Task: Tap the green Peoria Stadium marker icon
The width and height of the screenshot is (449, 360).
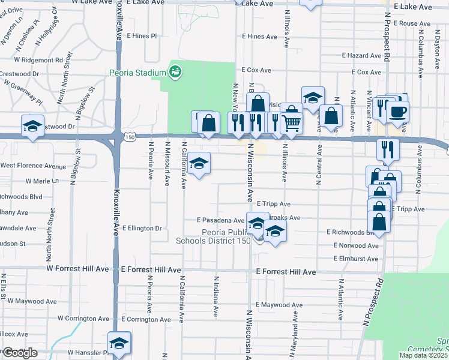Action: [175, 73]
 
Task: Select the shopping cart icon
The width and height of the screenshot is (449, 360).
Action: [291, 122]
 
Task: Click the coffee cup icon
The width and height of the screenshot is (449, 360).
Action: [399, 110]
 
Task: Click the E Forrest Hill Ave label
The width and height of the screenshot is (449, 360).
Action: [286, 272]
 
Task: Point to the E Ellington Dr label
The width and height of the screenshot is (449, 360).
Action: [142, 228]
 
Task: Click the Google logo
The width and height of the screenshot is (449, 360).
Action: [19, 353]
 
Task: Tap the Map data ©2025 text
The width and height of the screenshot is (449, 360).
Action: [424, 355]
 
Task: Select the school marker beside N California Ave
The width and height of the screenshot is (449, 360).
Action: [199, 163]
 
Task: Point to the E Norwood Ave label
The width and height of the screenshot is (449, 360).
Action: [356, 245]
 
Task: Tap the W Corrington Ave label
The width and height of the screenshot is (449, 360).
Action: [83, 319]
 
